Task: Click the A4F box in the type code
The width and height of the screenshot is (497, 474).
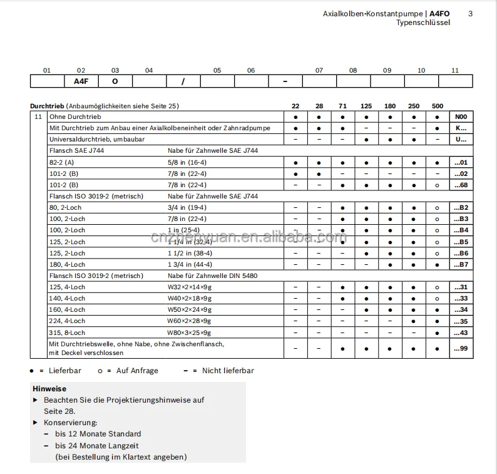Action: tap(81, 81)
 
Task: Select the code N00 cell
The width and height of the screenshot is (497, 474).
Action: tap(461, 117)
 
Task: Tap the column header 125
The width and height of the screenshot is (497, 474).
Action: tap(366, 106)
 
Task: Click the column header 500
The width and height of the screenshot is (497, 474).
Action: tap(437, 106)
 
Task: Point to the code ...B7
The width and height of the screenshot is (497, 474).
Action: tap(461, 264)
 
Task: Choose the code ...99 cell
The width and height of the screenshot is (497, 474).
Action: tap(461, 348)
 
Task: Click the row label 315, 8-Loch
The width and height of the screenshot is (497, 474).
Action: tap(67, 332)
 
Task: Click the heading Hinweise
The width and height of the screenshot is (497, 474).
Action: tap(49, 389)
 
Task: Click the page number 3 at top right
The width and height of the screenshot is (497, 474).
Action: tap(471, 14)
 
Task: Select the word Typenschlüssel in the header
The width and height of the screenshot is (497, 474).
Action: tap(423, 23)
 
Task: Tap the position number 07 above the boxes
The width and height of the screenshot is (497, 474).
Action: tap(319, 70)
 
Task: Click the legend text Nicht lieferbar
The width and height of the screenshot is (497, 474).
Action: tap(228, 371)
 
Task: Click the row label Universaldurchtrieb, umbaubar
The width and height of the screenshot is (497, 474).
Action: tap(97, 139)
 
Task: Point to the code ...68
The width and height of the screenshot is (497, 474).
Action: tap(461, 185)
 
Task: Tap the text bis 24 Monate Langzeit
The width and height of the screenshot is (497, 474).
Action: tap(98, 445)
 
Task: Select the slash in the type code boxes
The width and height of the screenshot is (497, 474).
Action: tap(183, 81)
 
